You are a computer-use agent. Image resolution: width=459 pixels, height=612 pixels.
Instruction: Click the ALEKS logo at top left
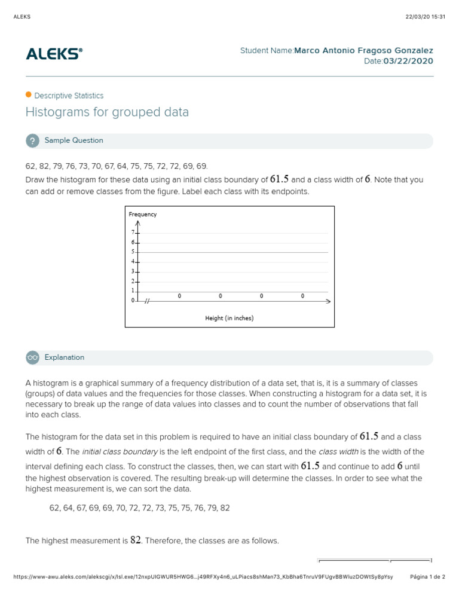tap(54, 54)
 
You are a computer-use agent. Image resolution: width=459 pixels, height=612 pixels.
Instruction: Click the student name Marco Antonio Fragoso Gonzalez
tap(363, 51)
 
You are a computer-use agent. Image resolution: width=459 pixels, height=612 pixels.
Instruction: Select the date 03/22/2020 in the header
tap(408, 62)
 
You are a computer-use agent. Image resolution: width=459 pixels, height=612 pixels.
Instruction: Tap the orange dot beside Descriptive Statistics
tap(28, 95)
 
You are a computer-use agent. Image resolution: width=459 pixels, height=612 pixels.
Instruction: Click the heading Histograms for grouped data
tap(107, 112)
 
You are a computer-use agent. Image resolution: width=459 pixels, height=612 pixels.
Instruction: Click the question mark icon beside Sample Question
tap(32, 141)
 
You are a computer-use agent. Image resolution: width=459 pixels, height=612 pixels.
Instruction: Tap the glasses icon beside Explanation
tap(32, 357)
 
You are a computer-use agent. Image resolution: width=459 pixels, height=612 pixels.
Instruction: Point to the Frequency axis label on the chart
tap(143, 214)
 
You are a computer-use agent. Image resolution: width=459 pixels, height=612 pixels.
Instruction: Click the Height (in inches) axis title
tap(229, 318)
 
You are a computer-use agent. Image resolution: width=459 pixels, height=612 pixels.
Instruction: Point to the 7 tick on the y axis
tap(133, 232)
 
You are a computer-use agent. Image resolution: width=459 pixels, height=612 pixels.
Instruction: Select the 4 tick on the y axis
tap(133, 262)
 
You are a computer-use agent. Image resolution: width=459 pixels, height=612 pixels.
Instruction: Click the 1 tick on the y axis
tap(133, 291)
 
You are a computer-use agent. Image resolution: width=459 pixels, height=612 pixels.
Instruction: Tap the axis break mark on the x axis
tap(147, 301)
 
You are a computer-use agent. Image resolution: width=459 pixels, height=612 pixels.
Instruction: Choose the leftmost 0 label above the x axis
tap(179, 296)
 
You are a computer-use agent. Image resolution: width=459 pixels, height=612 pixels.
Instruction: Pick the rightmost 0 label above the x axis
tap(302, 296)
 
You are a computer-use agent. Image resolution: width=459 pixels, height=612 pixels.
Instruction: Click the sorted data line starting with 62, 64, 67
tap(139, 508)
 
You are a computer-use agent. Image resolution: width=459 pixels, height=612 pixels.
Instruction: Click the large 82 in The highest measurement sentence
tap(136, 540)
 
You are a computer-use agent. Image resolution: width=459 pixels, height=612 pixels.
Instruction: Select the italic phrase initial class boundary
tap(120, 451)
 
